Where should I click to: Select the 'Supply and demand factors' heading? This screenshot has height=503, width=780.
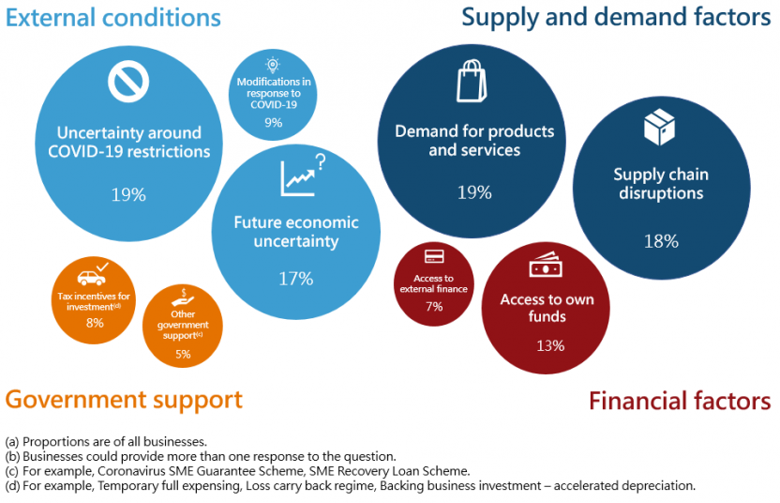tap(616, 17)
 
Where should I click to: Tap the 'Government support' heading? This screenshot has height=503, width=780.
tap(124, 399)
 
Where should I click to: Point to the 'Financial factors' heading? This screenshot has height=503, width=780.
tap(680, 401)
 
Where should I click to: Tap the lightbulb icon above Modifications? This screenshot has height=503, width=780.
tap(273, 65)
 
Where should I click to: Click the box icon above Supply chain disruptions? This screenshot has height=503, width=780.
tap(660, 128)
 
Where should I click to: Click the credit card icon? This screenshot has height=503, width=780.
tap(433, 256)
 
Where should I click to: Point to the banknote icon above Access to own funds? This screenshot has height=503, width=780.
tap(546, 267)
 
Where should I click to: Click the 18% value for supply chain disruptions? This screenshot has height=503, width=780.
tap(660, 241)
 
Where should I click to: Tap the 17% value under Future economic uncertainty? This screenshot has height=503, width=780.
tap(296, 278)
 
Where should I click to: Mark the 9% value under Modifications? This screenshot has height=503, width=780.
tap(273, 123)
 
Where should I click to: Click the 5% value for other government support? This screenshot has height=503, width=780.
tap(182, 354)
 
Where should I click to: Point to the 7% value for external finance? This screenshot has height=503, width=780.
tap(433, 307)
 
